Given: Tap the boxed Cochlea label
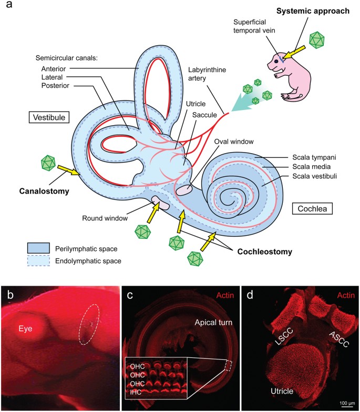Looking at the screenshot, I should (310, 209).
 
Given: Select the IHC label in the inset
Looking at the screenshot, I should (135, 390).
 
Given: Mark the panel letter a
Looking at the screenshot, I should (6, 7).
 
